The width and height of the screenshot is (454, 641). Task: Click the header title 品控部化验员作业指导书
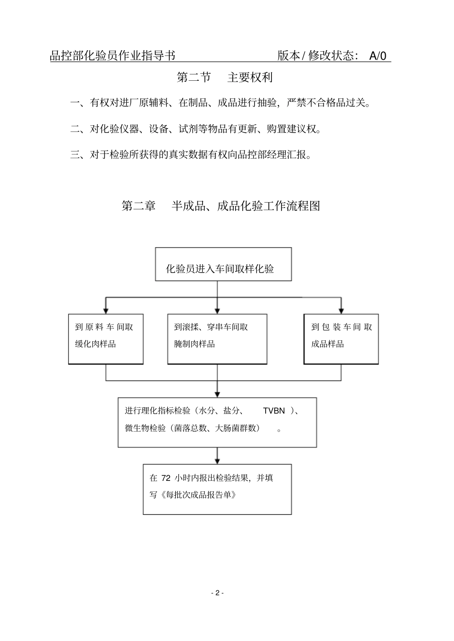tap(113, 56)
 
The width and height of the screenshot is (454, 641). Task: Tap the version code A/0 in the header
tap(378, 56)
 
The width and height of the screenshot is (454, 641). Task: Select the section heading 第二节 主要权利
tap(225, 77)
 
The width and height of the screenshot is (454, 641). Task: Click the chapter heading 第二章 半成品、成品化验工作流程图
tap(221, 206)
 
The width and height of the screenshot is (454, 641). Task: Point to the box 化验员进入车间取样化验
tap(223, 264)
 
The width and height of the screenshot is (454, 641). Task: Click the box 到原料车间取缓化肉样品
tap(106, 339)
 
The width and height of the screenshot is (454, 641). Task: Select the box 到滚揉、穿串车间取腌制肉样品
tap(217, 339)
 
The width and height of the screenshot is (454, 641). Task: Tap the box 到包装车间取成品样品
tap(341, 339)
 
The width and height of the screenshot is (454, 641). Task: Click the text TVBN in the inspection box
tap(274, 411)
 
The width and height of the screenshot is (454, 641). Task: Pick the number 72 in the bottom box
tap(166, 478)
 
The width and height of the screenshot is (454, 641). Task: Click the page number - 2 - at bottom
tap(217, 593)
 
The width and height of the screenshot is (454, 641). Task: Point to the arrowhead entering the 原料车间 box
tap(106, 311)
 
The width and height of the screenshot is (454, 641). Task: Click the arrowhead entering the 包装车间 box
tap(341, 311)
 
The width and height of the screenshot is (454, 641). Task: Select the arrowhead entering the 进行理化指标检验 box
tap(217, 394)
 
